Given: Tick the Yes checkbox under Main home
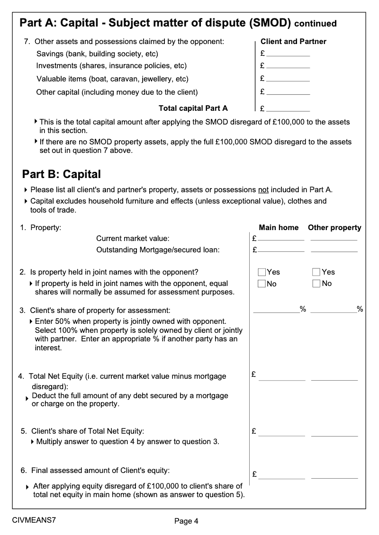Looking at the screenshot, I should pyautogui.click(x=262, y=272).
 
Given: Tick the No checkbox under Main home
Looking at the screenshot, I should pyautogui.click(x=262, y=284).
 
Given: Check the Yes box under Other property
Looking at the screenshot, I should pyautogui.click(x=316, y=272).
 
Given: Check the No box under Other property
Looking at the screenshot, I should pyautogui.click(x=316, y=284).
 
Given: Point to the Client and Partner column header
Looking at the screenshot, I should pyautogui.click(x=293, y=42).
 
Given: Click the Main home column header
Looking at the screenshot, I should pyautogui.click(x=279, y=228).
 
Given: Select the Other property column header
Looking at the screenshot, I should pyautogui.click(x=334, y=228).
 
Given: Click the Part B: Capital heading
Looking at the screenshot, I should pyautogui.click(x=62, y=174).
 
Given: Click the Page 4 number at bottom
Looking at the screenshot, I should pyautogui.click(x=186, y=521).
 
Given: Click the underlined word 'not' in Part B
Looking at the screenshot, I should pyautogui.click(x=263, y=190).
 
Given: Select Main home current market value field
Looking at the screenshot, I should pyautogui.click(x=281, y=238).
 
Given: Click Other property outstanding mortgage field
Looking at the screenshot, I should pyautogui.click(x=334, y=249).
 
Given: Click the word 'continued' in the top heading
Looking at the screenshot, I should pyautogui.click(x=315, y=24).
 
